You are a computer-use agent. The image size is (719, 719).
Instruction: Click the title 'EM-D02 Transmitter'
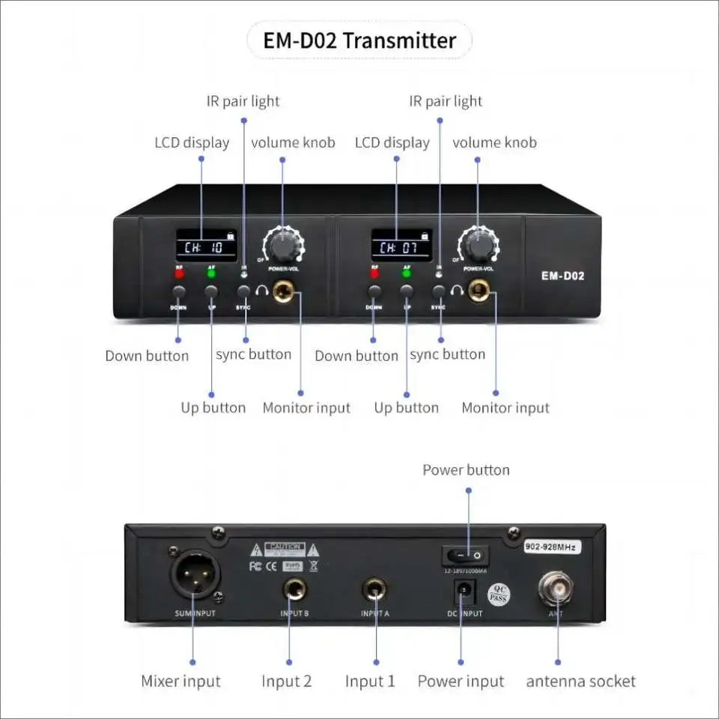pyautogui.click(x=359, y=40)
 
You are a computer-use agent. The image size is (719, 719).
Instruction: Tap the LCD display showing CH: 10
pyautogui.click(x=207, y=246)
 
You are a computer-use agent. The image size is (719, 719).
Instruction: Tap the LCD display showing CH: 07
pyautogui.click(x=401, y=246)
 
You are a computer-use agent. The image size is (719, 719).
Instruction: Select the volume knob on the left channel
pyautogui.click(x=282, y=244)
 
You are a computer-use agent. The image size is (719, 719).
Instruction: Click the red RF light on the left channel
pyautogui.click(x=179, y=273)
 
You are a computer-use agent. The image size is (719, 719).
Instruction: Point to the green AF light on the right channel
pyautogui.click(x=407, y=273)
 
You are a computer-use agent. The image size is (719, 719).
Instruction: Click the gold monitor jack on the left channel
pyautogui.click(x=284, y=291)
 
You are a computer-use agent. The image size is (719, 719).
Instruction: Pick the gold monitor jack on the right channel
pyautogui.click(x=478, y=291)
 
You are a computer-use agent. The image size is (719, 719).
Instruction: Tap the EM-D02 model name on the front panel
pyautogui.click(x=562, y=276)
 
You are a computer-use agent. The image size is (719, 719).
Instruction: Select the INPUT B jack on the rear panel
pyautogui.click(x=294, y=590)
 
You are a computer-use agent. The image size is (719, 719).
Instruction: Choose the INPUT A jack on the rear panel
pyautogui.click(x=375, y=590)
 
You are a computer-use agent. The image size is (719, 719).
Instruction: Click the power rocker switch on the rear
pyautogui.click(x=464, y=555)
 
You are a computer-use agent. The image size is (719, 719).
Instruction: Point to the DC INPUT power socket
pyautogui.click(x=464, y=593)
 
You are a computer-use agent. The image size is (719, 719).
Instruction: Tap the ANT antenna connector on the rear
pyautogui.click(x=556, y=587)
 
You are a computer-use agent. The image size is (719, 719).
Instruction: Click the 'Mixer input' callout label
pyautogui.click(x=180, y=682)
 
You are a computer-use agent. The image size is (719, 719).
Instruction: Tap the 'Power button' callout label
pyautogui.click(x=466, y=470)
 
